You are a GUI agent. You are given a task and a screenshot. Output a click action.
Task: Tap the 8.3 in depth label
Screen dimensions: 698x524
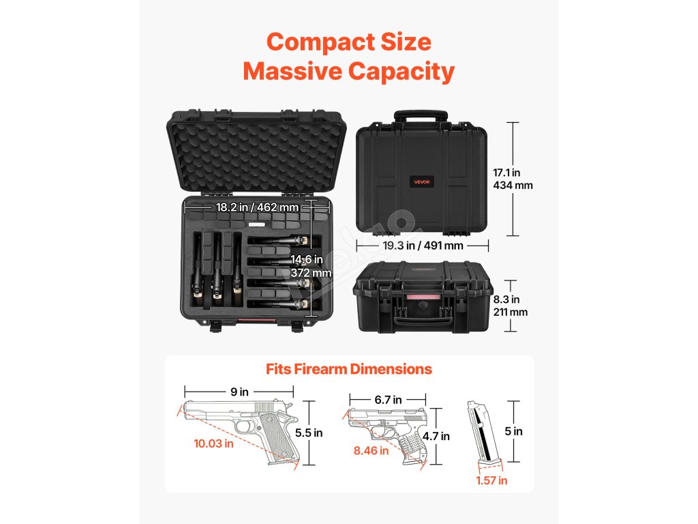click(506, 299)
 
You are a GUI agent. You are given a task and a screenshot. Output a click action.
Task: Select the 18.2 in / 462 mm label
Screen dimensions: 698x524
click(257, 207)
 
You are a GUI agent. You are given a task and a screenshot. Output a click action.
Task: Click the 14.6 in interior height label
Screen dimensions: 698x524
click(307, 259)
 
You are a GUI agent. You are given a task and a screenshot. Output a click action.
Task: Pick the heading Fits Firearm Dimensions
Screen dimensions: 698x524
click(349, 369)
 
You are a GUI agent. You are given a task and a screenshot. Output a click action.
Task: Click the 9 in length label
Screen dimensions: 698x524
click(239, 392)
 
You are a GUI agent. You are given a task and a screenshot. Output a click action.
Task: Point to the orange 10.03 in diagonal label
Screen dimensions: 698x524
click(213, 443)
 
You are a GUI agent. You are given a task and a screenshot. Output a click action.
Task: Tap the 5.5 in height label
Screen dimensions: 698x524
click(309, 432)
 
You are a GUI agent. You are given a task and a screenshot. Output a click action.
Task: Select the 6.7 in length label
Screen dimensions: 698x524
click(388, 399)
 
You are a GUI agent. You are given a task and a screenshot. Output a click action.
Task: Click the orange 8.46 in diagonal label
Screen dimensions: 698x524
click(371, 450)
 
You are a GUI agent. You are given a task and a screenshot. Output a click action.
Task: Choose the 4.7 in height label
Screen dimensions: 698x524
click(436, 436)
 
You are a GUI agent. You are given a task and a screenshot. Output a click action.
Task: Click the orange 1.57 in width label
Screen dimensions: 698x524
click(491, 480)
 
